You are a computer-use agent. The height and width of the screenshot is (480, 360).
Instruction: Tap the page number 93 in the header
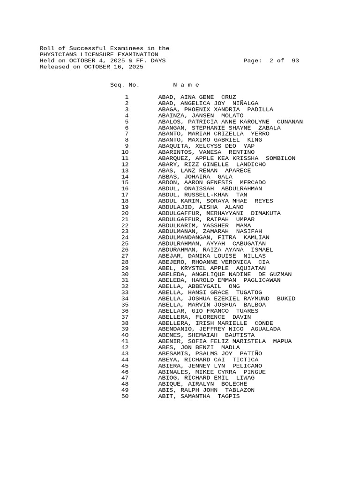tap(295, 61)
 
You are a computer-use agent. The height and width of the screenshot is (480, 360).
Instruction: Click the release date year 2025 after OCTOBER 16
tap(134, 67)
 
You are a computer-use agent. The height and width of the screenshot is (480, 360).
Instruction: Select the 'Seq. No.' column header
tap(125, 85)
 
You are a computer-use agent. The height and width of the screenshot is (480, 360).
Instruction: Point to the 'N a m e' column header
tap(186, 85)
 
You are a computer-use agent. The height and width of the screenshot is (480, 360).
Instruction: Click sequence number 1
tap(127, 97)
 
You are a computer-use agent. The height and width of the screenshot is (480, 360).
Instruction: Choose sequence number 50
tap(125, 396)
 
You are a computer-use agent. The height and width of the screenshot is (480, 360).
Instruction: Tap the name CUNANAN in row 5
tap(290, 121)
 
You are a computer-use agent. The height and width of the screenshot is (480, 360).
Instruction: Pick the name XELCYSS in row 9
tap(210, 146)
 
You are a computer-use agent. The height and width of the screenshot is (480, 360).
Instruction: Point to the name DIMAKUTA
tap(266, 213)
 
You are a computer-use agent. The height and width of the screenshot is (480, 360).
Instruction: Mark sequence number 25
tap(125, 244)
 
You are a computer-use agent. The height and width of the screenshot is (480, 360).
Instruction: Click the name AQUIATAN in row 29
tap(251, 268)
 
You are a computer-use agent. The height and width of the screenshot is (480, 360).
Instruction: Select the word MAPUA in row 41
tap(282, 341)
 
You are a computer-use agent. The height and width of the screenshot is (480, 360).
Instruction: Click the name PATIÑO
tap(251, 353)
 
